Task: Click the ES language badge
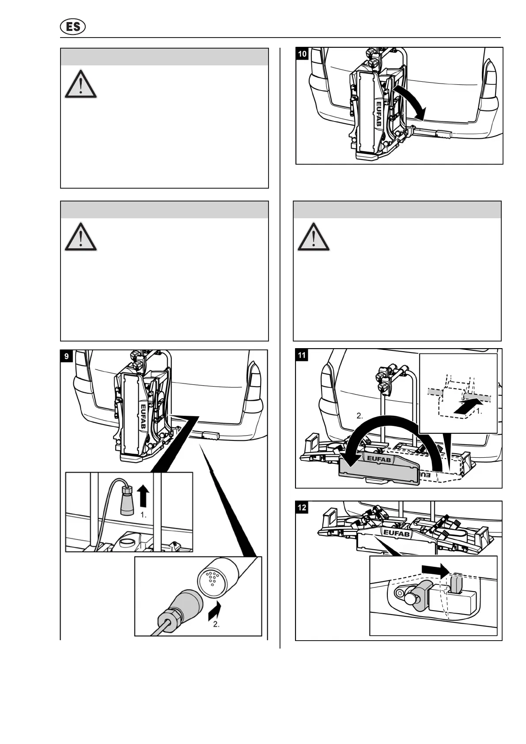tap(72, 27)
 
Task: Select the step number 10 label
tap(303, 54)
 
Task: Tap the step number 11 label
tap(302, 355)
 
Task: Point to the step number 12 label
tap(302, 508)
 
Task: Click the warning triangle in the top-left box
tap(81, 84)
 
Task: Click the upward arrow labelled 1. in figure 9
tap(143, 496)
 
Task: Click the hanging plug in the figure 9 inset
tap(127, 500)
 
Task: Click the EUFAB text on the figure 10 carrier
tap(378, 114)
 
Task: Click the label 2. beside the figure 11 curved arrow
tap(359, 416)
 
